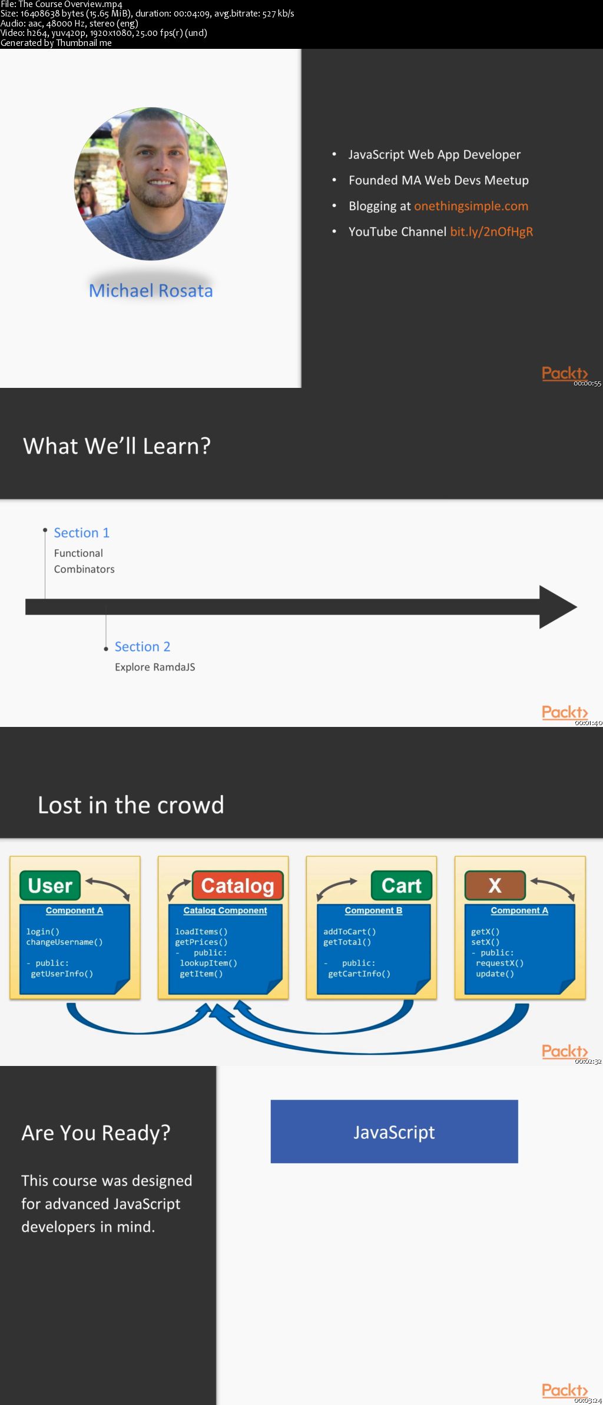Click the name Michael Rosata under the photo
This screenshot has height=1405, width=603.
click(x=151, y=291)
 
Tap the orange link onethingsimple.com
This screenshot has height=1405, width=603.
click(x=471, y=206)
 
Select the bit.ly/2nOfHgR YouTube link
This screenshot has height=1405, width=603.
click(x=492, y=232)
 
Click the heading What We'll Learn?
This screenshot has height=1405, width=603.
click(x=117, y=446)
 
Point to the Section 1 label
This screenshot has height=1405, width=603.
click(x=82, y=533)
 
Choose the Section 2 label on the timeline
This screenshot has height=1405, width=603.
click(x=143, y=647)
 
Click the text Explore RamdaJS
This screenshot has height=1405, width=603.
click(x=155, y=667)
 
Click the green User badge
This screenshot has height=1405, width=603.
click(x=50, y=885)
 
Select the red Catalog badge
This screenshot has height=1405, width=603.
click(x=238, y=885)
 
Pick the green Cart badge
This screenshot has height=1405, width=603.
click(x=402, y=885)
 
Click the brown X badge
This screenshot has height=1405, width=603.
click(x=495, y=885)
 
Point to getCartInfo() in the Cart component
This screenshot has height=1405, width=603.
click(x=359, y=974)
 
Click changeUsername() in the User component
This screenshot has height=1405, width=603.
click(x=64, y=942)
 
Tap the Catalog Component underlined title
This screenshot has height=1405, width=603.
click(x=225, y=911)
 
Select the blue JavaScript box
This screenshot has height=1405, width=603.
click(x=394, y=1131)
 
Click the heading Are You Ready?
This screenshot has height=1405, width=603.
click(x=96, y=1133)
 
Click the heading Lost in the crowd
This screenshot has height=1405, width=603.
click(x=131, y=805)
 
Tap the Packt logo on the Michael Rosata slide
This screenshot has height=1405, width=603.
click(x=565, y=373)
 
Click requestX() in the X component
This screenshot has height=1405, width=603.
click(x=499, y=963)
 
